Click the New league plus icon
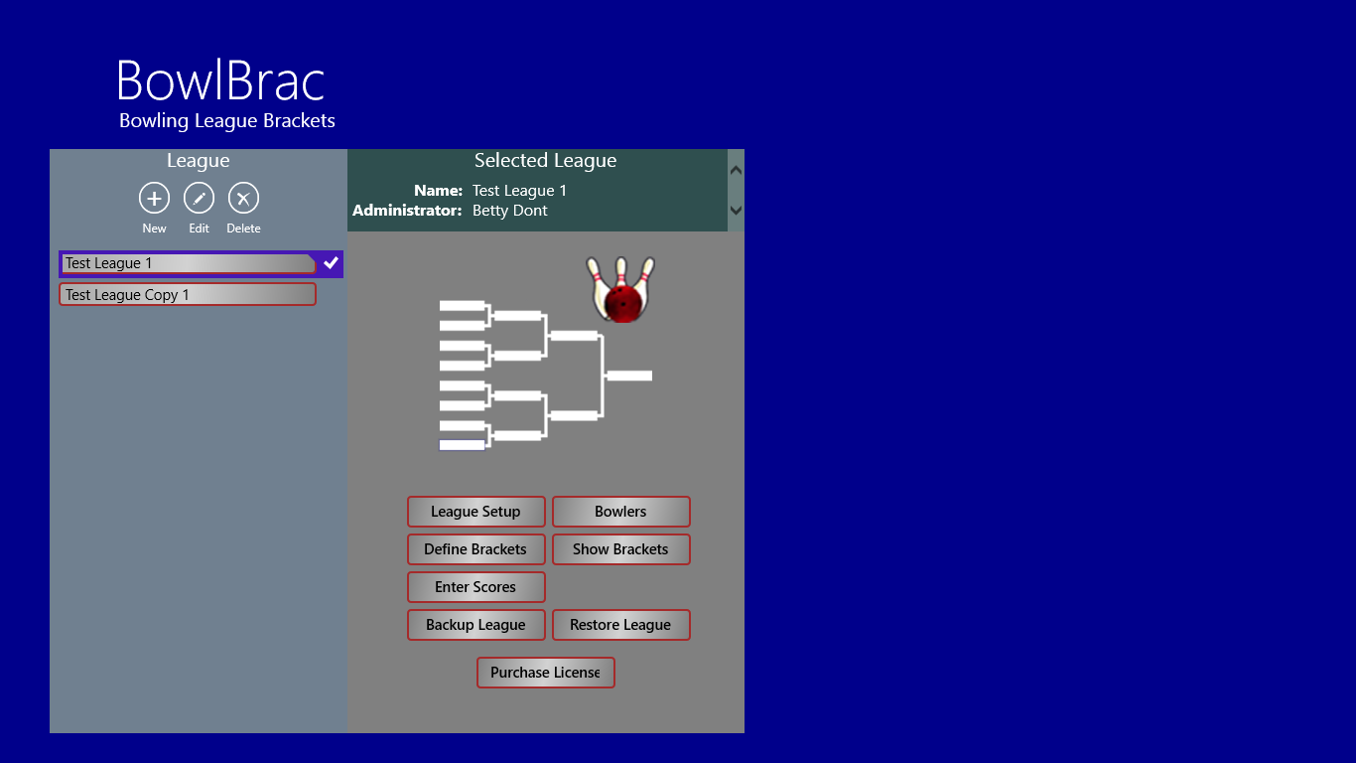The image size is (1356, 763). (154, 198)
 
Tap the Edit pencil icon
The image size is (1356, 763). (199, 198)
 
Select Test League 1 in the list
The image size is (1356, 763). (188, 263)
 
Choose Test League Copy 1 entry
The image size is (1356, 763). (188, 294)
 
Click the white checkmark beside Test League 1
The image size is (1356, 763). (331, 263)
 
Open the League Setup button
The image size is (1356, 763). (475, 512)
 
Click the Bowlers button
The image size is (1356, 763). (621, 512)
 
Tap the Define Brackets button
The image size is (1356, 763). (475, 549)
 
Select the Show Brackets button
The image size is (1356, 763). (621, 549)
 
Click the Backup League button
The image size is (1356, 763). (475, 625)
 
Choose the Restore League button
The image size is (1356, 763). (621, 625)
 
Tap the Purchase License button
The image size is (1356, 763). (545, 673)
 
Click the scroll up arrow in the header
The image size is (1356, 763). (736, 170)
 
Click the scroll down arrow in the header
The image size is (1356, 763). (736, 211)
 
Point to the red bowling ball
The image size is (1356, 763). (623, 302)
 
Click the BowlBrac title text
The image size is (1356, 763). (221, 80)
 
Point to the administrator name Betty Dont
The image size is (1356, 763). (509, 211)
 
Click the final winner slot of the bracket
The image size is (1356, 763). (629, 376)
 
